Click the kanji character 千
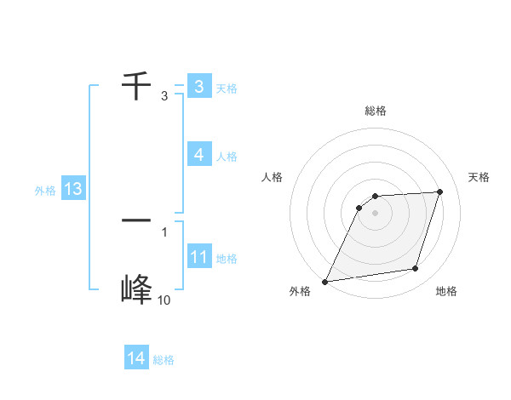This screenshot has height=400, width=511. pos(137,86)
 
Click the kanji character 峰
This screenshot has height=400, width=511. pos(137,290)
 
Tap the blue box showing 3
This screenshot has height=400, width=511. pos(198,87)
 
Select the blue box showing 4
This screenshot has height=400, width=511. pos(198,154)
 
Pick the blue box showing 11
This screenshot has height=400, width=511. pos(198,257)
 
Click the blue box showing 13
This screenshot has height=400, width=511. pos(73,189)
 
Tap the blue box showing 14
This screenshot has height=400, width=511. pos(136,358)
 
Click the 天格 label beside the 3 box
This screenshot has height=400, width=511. pos(227,89)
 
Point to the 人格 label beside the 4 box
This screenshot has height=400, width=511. pos(227,157)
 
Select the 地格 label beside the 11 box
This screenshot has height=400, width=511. pos(227,259)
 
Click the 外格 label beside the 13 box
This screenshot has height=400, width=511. pos(45,191)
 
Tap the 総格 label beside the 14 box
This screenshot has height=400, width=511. pos(164,360)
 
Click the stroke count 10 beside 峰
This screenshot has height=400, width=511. pos(164,300)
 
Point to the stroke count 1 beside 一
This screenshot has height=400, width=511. pos(164,231)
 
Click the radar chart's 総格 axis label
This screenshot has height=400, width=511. pos(375,111)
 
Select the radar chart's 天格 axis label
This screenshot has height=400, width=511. pos(479,177)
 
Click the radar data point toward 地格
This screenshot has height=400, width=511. pos(416,269)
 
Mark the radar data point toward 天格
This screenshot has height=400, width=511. pos(440,191)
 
